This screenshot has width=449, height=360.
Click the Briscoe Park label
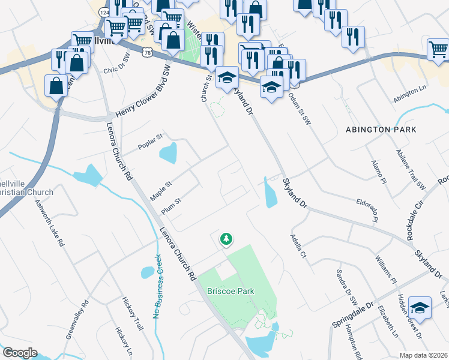231,291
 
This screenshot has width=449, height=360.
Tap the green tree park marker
226,239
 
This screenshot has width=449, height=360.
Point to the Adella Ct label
298,246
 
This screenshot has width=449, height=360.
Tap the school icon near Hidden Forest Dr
420,307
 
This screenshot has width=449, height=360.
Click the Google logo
19,353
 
